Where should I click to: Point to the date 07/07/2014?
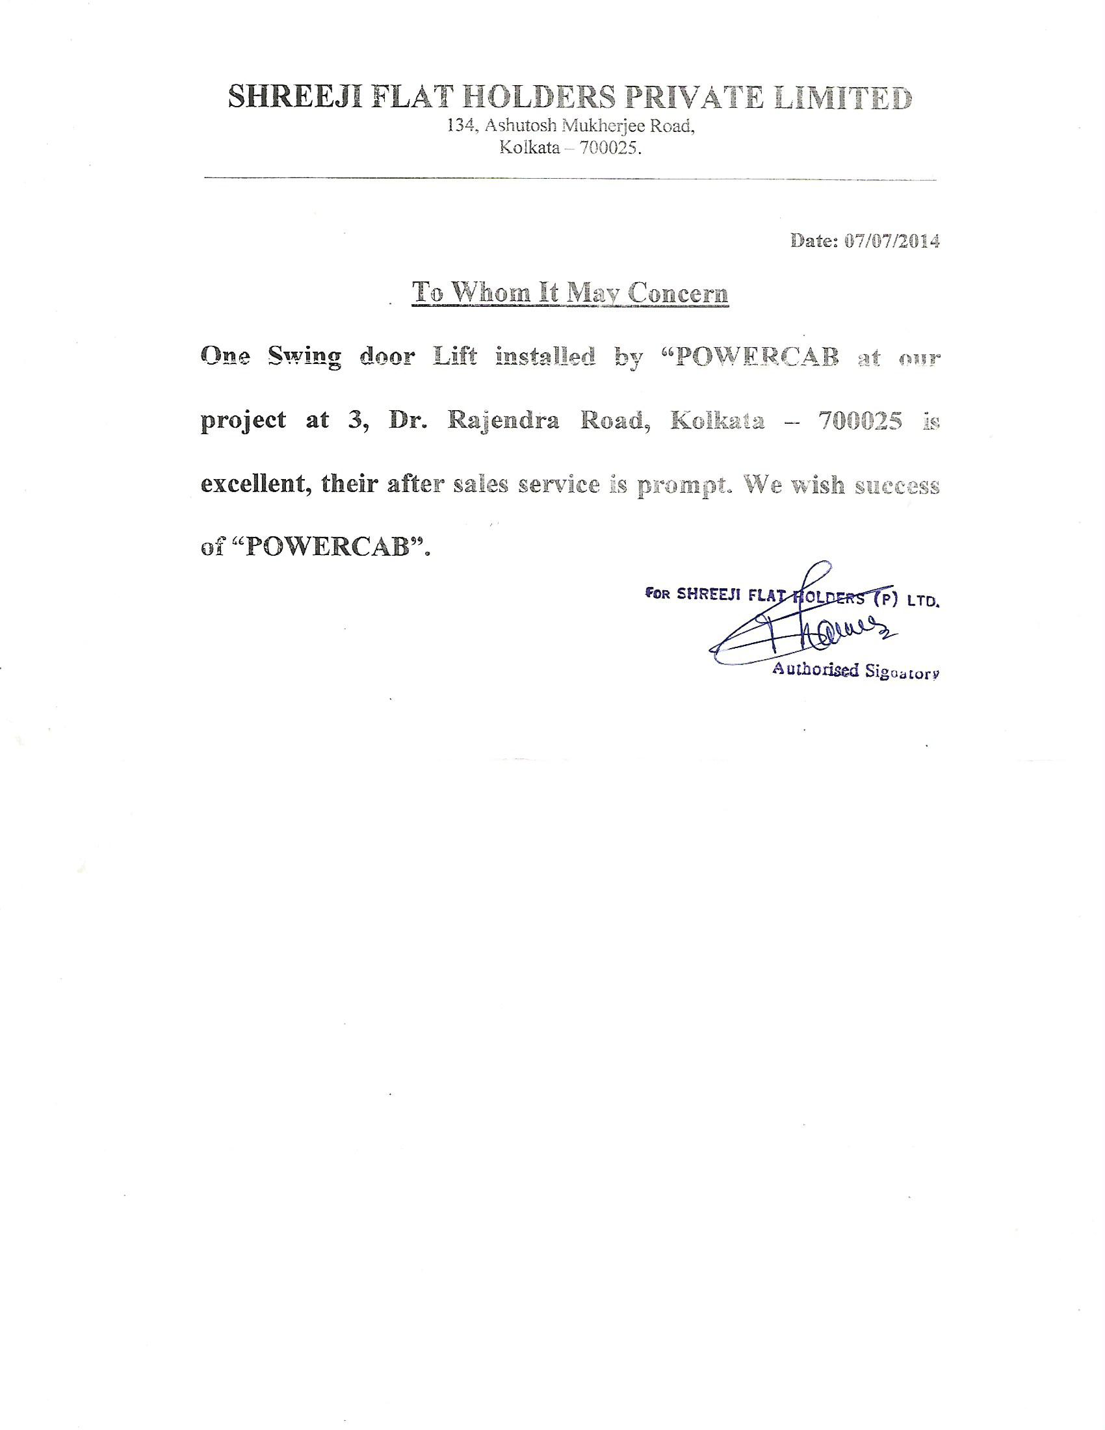click(x=892, y=241)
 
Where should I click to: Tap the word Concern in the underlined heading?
click(x=677, y=292)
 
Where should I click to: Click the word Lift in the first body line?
click(x=456, y=357)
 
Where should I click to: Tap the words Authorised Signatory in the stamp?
click(x=855, y=671)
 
